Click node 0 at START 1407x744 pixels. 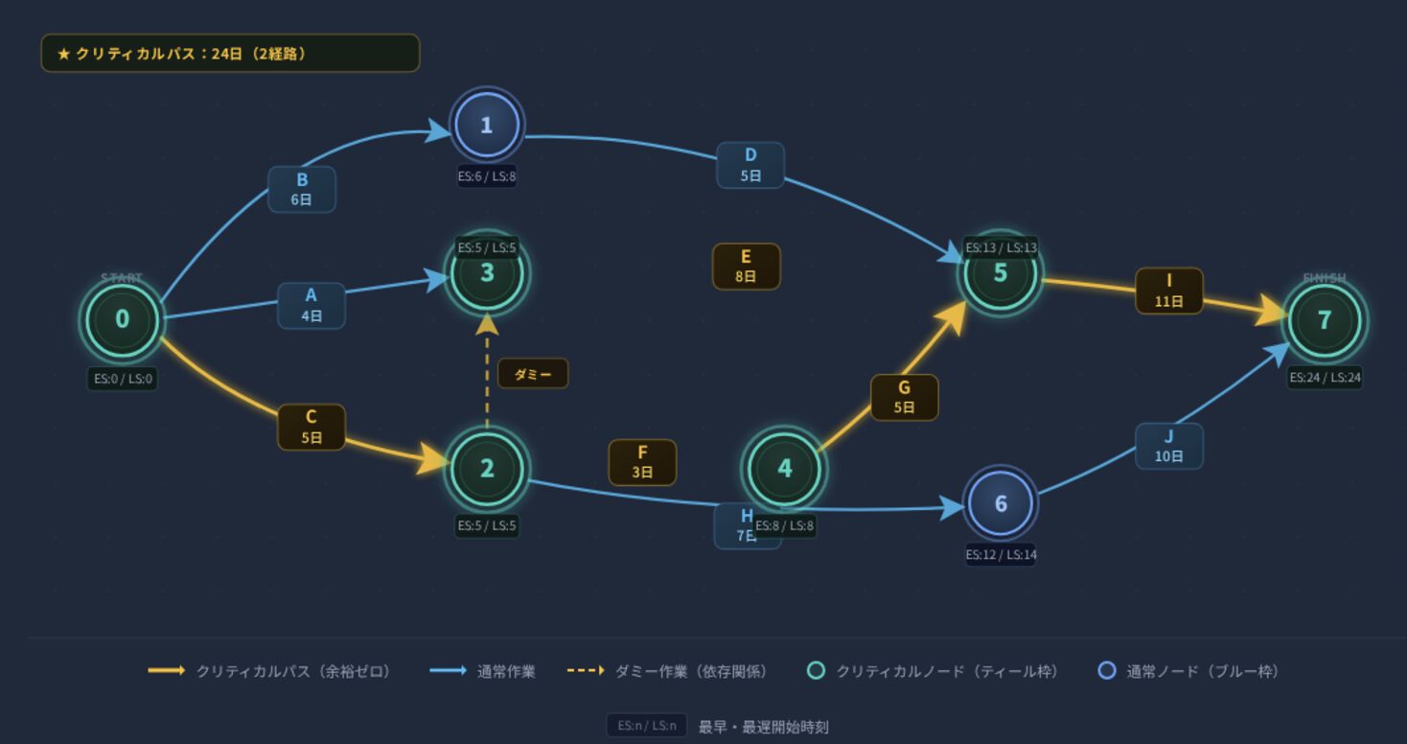[x=122, y=319]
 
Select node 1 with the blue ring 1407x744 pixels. [x=487, y=125]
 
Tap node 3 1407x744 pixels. [x=487, y=273]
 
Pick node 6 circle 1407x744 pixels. [x=1001, y=503]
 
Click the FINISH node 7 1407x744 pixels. [x=1325, y=320]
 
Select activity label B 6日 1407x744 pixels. [x=302, y=189]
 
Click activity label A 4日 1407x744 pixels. [x=311, y=305]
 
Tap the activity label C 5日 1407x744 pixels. [x=311, y=427]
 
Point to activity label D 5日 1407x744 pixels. [x=750, y=165]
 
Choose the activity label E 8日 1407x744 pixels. [x=746, y=266]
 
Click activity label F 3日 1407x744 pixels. [x=642, y=462]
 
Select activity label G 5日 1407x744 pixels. [x=904, y=397]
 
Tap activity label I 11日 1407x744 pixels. [x=1169, y=291]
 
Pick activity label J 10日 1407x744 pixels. [x=1169, y=446]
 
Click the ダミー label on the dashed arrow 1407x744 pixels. [x=533, y=374]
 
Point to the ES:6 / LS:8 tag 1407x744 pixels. [x=487, y=176]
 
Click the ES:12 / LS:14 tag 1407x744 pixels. [x=1001, y=554]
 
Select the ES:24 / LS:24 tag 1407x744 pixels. [x=1325, y=377]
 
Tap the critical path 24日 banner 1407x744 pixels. [x=230, y=54]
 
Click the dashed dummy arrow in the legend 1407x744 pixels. [x=586, y=671]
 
